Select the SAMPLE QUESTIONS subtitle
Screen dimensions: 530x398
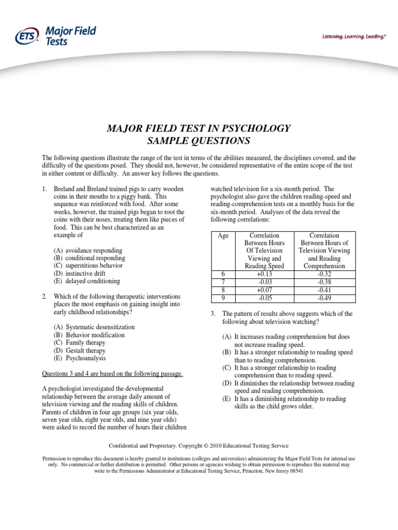[x=198, y=141]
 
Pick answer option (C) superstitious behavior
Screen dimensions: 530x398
[x=88, y=266]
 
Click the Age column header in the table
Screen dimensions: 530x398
[x=223, y=235]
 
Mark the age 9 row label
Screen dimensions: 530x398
[x=223, y=298]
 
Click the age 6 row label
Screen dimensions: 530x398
[x=223, y=274]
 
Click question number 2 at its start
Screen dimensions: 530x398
[x=45, y=297]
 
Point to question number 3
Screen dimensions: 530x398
[x=212, y=314]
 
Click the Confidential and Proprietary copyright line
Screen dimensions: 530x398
[x=198, y=446]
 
